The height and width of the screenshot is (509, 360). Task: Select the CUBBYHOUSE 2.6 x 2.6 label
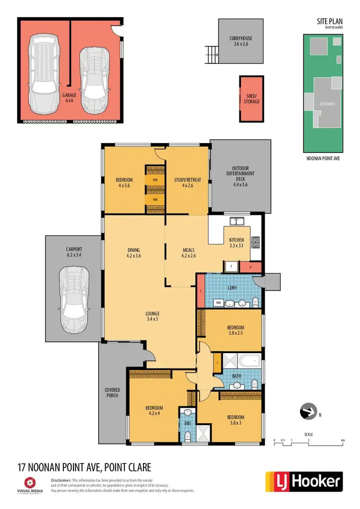click(240, 41)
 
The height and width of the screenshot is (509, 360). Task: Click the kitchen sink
click(237, 221)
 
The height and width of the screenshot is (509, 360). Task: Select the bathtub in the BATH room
click(248, 361)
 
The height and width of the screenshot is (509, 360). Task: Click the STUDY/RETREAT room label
click(188, 183)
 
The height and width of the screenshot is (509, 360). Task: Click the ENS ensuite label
click(188, 424)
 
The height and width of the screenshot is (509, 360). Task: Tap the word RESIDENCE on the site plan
click(328, 104)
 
